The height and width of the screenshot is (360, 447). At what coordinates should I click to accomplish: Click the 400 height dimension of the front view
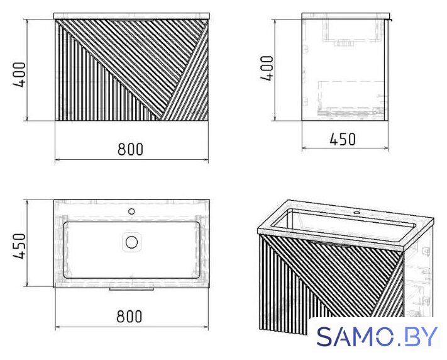point(19,74)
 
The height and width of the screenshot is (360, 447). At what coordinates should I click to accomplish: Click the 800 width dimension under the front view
point(130,149)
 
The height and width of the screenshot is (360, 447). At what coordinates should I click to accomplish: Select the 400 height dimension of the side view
point(267,68)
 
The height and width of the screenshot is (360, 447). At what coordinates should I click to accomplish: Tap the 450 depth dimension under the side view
point(343,140)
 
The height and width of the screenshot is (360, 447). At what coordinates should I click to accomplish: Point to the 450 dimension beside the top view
point(19,246)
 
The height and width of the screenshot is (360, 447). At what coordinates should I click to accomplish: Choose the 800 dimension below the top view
point(129,317)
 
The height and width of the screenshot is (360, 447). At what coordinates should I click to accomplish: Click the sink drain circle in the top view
point(131,242)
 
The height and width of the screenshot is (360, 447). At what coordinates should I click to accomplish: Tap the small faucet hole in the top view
point(131,211)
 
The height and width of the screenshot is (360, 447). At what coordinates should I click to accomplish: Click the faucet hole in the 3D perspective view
point(356,212)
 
